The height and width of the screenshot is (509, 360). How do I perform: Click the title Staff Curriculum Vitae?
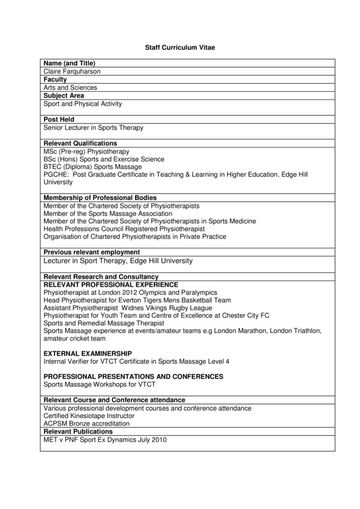pyautogui.click(x=179, y=46)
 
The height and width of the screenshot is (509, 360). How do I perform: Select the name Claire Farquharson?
pyautogui.click(x=72, y=71)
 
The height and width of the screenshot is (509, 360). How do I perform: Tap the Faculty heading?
pyautogui.click(x=55, y=79)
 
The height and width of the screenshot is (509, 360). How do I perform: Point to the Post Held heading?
pyautogui.click(x=59, y=120)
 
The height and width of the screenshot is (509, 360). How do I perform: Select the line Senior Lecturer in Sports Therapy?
pyautogui.click(x=94, y=128)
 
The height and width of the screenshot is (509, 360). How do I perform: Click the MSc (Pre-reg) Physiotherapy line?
pyautogui.click(x=86, y=152)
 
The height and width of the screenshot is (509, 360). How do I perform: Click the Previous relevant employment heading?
pyautogui.click(x=92, y=252)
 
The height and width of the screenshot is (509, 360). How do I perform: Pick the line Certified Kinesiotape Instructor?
pyautogui.click(x=89, y=415)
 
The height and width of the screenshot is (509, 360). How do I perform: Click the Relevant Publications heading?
pyautogui.click(x=78, y=432)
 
